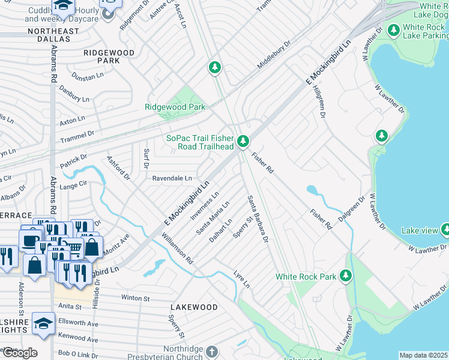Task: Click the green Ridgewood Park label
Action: tap(175, 107)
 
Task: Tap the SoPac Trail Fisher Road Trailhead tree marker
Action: tap(243, 141)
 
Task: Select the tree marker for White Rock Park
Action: tap(345, 275)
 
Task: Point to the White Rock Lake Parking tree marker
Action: tap(394, 29)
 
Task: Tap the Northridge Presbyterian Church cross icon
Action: tap(211, 350)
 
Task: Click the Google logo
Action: tap(19, 353)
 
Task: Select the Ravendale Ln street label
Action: tap(172, 178)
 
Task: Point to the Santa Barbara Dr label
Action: tap(257, 218)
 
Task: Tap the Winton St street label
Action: tap(135, 298)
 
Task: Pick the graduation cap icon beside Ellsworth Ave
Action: tap(43, 324)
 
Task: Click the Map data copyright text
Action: tap(423, 355)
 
